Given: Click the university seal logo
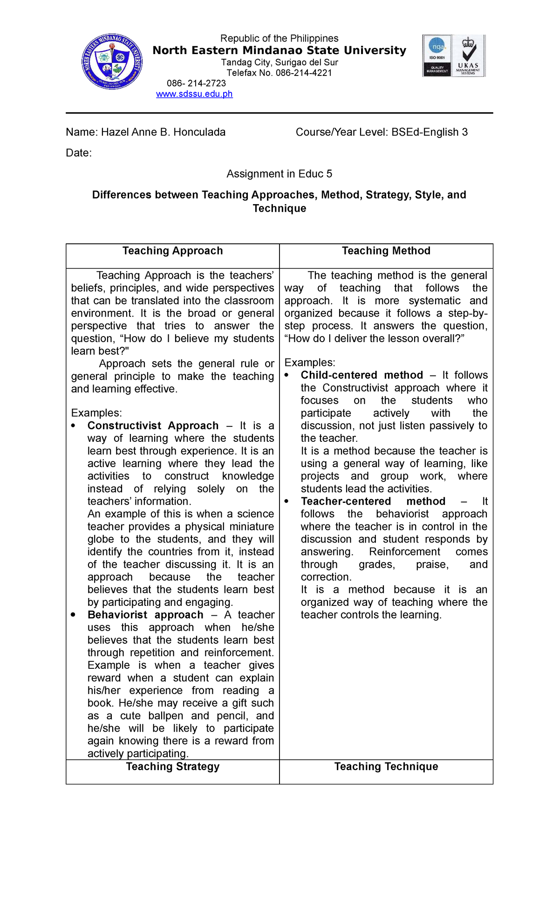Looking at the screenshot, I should coord(112,62).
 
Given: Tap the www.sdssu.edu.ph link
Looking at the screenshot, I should coord(194,94).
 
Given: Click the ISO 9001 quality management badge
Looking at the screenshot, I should coord(437,55).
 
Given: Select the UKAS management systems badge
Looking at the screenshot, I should coord(468,55).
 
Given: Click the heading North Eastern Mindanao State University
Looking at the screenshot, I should coord(279,50).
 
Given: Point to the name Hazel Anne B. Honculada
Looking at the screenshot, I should coord(163,132).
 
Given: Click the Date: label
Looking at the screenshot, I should coord(79,153).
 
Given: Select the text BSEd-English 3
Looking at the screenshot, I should coord(429,132).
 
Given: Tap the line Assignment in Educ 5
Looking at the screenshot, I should coord(279,174).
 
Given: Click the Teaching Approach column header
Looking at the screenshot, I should coord(173,251).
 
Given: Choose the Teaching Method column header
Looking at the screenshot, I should coord(386,251).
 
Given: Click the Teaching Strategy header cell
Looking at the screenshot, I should coord(173,767).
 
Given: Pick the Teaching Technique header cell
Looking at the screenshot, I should coord(386,767).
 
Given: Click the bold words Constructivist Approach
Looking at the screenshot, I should coord(153,426).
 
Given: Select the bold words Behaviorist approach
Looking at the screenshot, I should coord(145,615).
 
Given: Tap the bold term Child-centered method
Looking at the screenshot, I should coord(362,375).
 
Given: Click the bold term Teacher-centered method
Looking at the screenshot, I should coord(373,502).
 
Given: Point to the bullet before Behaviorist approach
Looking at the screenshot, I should coord(73,615).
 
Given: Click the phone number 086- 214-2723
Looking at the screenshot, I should coord(196,83).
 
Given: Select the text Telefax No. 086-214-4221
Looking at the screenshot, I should coord(279,73).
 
